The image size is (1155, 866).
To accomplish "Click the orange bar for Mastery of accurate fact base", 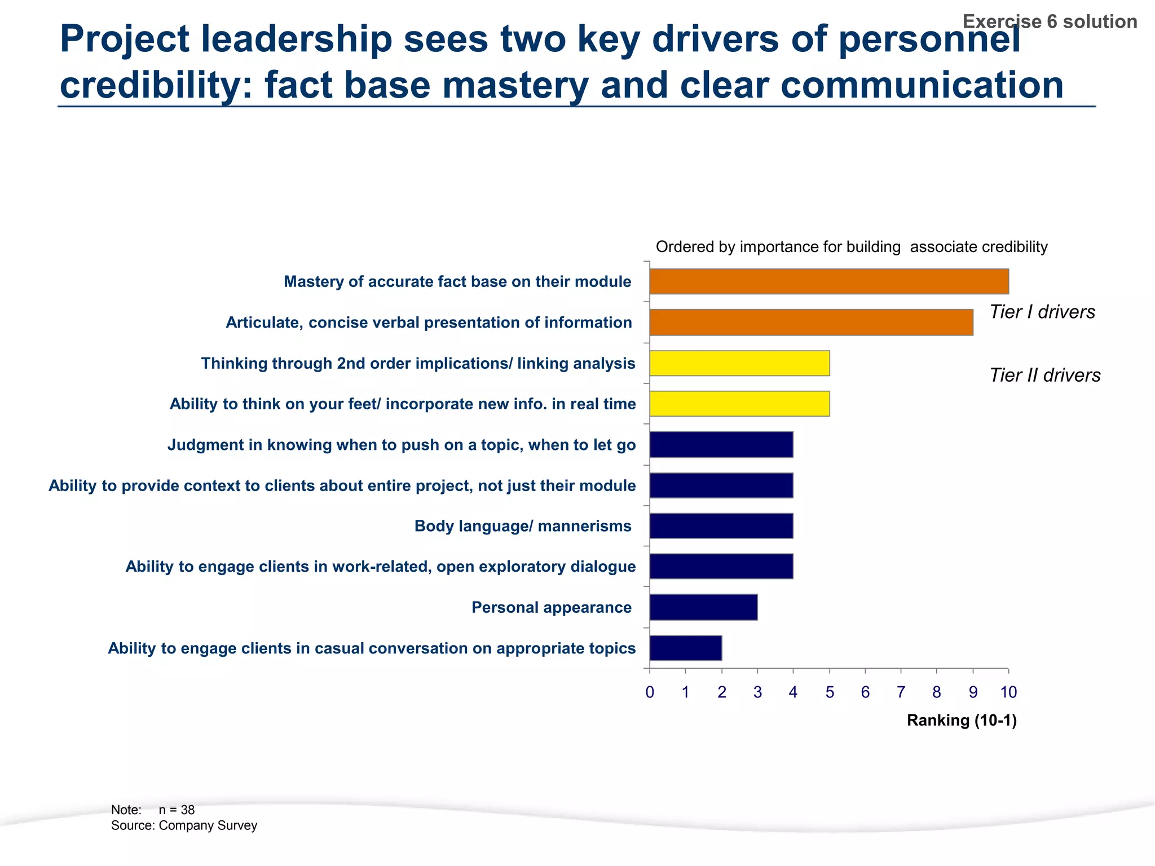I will coord(829,281).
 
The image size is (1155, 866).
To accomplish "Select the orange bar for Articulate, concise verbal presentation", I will coord(811,322).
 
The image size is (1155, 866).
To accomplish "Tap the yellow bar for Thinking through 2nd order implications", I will coord(739,363).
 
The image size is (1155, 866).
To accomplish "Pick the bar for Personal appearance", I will coord(703,607).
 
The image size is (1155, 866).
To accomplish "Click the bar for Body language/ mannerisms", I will coord(721,526).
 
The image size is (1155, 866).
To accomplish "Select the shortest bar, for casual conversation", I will coord(685,648).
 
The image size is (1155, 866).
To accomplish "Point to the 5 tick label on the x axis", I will coord(830,692).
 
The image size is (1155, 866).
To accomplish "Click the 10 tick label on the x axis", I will coord(1008,692).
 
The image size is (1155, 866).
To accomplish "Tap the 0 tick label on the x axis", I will coord(650,692).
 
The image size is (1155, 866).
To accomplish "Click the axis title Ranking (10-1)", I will coord(962,721).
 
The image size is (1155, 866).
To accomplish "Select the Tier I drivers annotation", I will coord(1042,312).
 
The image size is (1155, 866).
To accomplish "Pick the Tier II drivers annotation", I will coord(1045,375).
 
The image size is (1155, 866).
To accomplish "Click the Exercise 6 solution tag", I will coord(1050,21).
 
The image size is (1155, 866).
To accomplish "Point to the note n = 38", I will coord(176,810).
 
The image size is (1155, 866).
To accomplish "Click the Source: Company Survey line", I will coord(184,825).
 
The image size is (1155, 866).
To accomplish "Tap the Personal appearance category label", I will coord(551,607).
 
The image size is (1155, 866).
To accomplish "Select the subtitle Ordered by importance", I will coord(852,247).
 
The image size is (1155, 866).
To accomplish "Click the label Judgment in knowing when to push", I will coord(402,445).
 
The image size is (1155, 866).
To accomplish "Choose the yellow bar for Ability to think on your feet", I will coord(739,404).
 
